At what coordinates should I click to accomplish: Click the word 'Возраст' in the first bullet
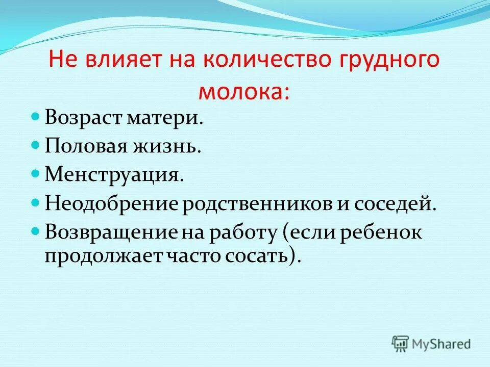[x=82, y=118]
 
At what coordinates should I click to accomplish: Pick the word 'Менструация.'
[x=114, y=175]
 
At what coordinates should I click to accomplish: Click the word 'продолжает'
[x=102, y=254]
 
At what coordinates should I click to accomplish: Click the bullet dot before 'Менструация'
[x=36, y=174]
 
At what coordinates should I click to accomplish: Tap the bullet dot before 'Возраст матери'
[x=36, y=117]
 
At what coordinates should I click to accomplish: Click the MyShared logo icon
[x=401, y=343]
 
